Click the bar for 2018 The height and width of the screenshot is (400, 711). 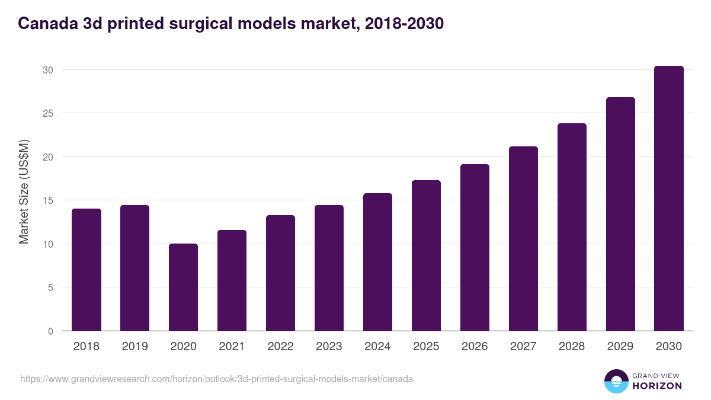pyautogui.click(x=87, y=270)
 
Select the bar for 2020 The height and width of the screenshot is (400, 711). pyautogui.click(x=184, y=287)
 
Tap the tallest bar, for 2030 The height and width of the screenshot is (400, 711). pyautogui.click(x=669, y=199)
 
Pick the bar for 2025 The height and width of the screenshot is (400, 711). pyautogui.click(x=427, y=255)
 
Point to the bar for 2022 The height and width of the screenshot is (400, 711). pyautogui.click(x=281, y=273)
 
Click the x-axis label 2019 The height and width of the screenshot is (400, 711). pyautogui.click(x=135, y=347)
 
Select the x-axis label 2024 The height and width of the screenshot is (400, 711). pyautogui.click(x=378, y=347)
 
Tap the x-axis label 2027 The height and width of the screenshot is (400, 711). pyautogui.click(x=523, y=347)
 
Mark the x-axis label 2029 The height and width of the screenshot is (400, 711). pyautogui.click(x=620, y=347)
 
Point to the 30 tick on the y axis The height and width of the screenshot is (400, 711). pyautogui.click(x=48, y=70)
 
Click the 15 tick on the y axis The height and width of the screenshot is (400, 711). pyautogui.click(x=48, y=200)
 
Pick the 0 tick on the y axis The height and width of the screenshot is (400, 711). pyautogui.click(x=50, y=331)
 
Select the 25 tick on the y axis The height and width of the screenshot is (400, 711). pyautogui.click(x=48, y=113)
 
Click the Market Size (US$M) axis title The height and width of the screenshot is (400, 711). pyautogui.click(x=24, y=191)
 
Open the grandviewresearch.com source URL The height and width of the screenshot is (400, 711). pyautogui.click(x=216, y=379)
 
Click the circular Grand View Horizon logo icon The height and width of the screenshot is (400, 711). pyautogui.click(x=616, y=381)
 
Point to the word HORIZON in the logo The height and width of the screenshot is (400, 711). pyautogui.click(x=658, y=386)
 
